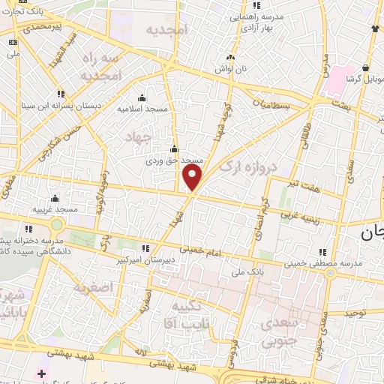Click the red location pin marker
[193, 178]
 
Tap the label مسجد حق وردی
[175, 160]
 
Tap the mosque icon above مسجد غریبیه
[54, 199]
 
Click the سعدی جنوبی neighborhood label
[277, 332]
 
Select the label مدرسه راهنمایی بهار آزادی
[256, 22]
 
